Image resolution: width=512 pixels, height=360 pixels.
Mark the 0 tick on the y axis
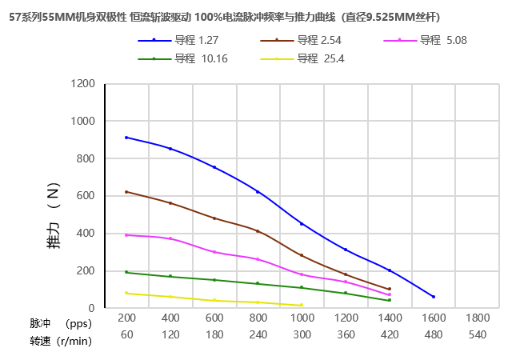click(91, 308)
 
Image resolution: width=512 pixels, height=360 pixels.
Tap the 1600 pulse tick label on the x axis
click(433, 318)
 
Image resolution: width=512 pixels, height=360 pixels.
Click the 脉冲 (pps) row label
click(61, 324)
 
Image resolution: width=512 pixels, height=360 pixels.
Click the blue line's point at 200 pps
click(126, 138)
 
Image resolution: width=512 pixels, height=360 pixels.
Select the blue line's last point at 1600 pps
click(434, 297)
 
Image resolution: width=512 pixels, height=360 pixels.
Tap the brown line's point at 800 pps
click(258, 231)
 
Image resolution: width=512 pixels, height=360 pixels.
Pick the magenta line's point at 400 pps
click(170, 238)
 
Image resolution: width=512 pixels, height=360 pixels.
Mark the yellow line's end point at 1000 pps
click(302, 306)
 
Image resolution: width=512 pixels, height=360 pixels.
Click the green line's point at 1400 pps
click(390, 300)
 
